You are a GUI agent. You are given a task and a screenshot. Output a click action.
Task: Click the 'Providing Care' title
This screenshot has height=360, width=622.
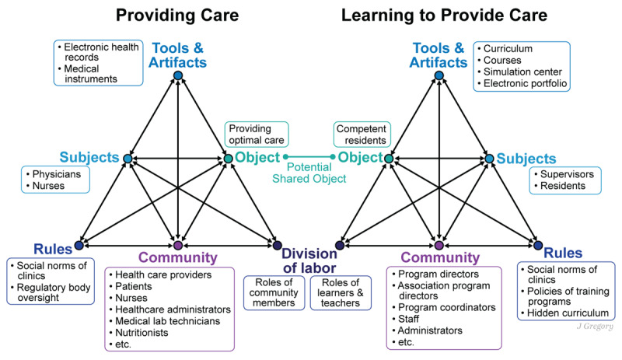click(177, 15)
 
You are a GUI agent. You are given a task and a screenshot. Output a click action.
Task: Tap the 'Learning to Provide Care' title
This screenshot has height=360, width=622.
click(439, 15)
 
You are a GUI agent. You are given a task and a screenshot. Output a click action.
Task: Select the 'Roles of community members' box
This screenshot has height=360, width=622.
click(274, 292)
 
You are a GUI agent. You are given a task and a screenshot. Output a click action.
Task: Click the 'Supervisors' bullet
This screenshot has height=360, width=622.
click(572, 175)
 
